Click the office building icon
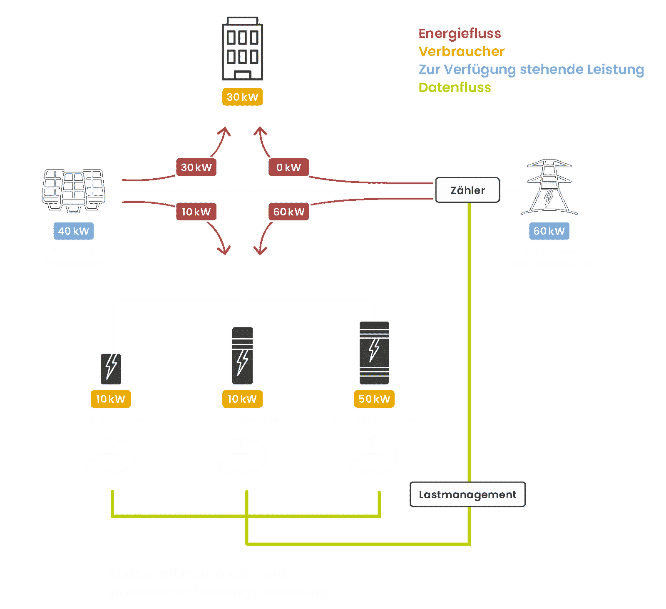242,49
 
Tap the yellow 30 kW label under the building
242,97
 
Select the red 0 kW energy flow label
288,167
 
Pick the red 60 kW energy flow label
289,212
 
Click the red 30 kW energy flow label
196,167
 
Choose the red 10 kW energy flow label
196,212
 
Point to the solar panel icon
74,190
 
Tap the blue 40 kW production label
74,231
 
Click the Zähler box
467,190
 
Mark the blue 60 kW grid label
549,231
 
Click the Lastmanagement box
467,494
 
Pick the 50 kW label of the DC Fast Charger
374,399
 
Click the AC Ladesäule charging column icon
242,355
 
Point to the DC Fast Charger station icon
374,352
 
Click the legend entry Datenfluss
455,87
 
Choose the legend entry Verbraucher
461,52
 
